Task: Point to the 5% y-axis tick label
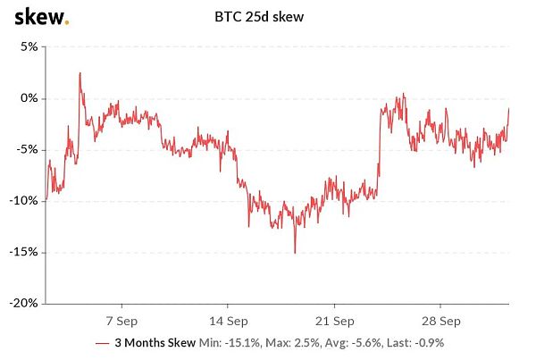pos(26,46)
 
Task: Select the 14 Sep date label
pos(229,320)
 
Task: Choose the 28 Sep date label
pos(441,320)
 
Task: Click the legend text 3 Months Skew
pos(155,343)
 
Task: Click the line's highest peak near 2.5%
pos(80,73)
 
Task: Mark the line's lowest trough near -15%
pos(294,253)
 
